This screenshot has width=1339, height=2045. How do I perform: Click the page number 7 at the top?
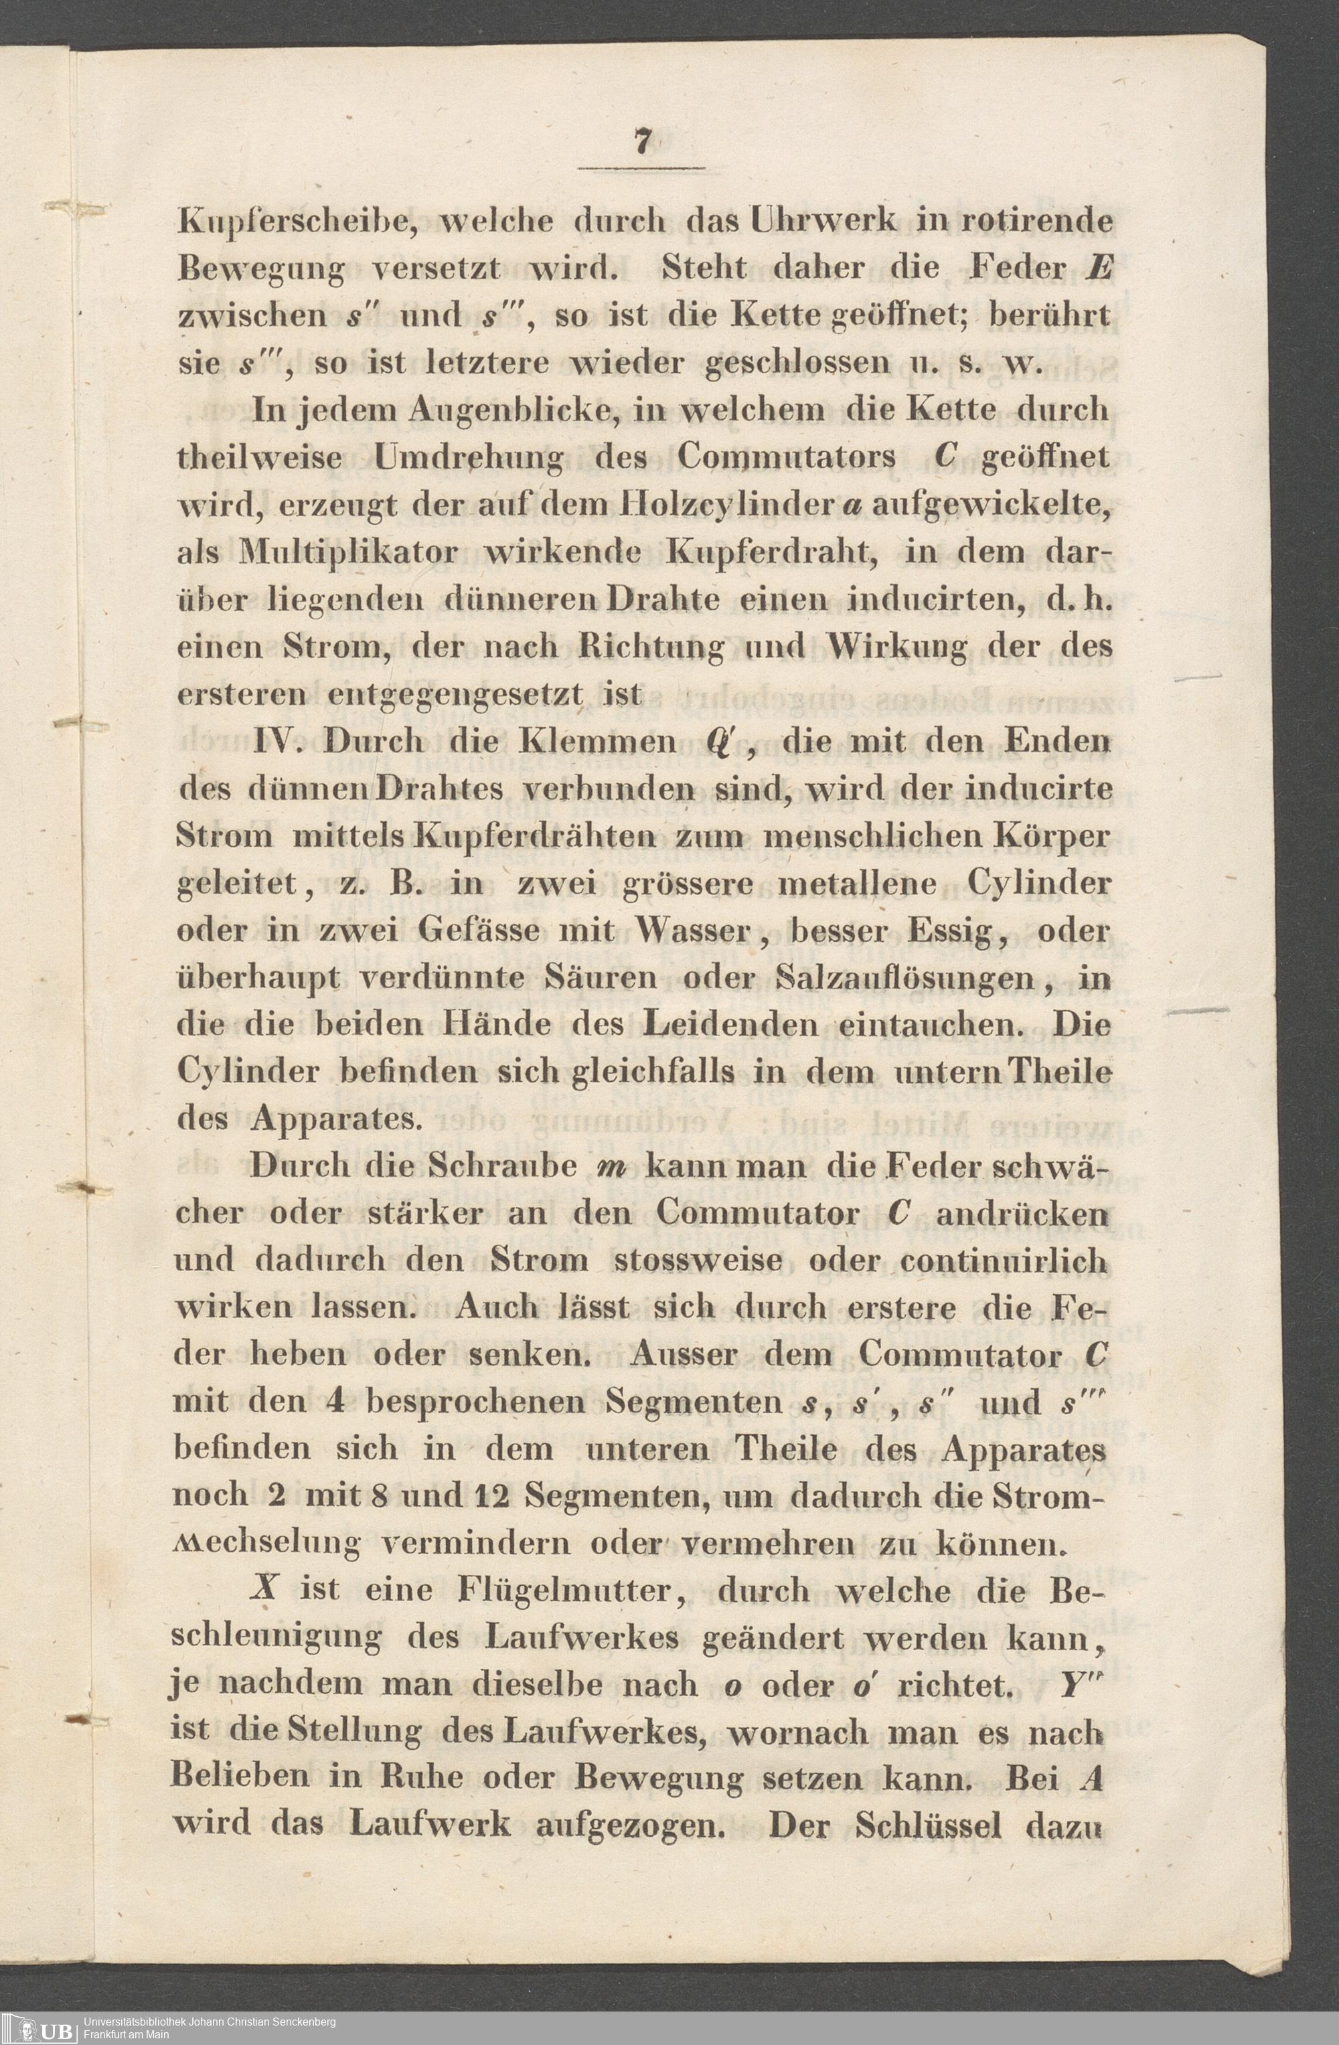pos(641,143)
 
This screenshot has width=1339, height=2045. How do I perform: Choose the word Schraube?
pos(501,1167)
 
